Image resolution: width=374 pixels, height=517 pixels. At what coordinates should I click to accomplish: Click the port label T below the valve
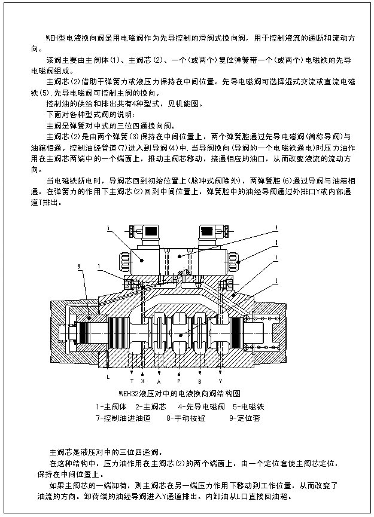(132, 381)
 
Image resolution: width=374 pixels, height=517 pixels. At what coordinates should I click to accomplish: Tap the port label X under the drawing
(142, 381)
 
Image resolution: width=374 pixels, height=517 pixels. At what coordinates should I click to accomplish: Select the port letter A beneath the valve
(159, 381)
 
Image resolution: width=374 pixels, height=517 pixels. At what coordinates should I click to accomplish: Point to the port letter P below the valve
(178, 381)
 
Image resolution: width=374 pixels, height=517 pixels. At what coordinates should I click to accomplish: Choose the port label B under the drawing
(200, 381)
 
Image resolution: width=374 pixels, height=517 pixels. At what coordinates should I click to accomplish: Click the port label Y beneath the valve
(220, 381)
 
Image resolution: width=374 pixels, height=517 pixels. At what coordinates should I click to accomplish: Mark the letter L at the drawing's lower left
(108, 377)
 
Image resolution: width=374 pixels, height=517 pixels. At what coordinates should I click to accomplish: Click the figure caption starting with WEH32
(180, 394)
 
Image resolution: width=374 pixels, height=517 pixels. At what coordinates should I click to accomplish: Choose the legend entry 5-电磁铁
(248, 406)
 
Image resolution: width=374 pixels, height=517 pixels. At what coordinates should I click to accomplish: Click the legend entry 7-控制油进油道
(123, 418)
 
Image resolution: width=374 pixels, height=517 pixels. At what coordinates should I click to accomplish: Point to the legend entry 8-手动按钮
(186, 418)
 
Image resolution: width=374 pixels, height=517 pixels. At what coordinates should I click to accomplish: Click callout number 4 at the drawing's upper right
(276, 227)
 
